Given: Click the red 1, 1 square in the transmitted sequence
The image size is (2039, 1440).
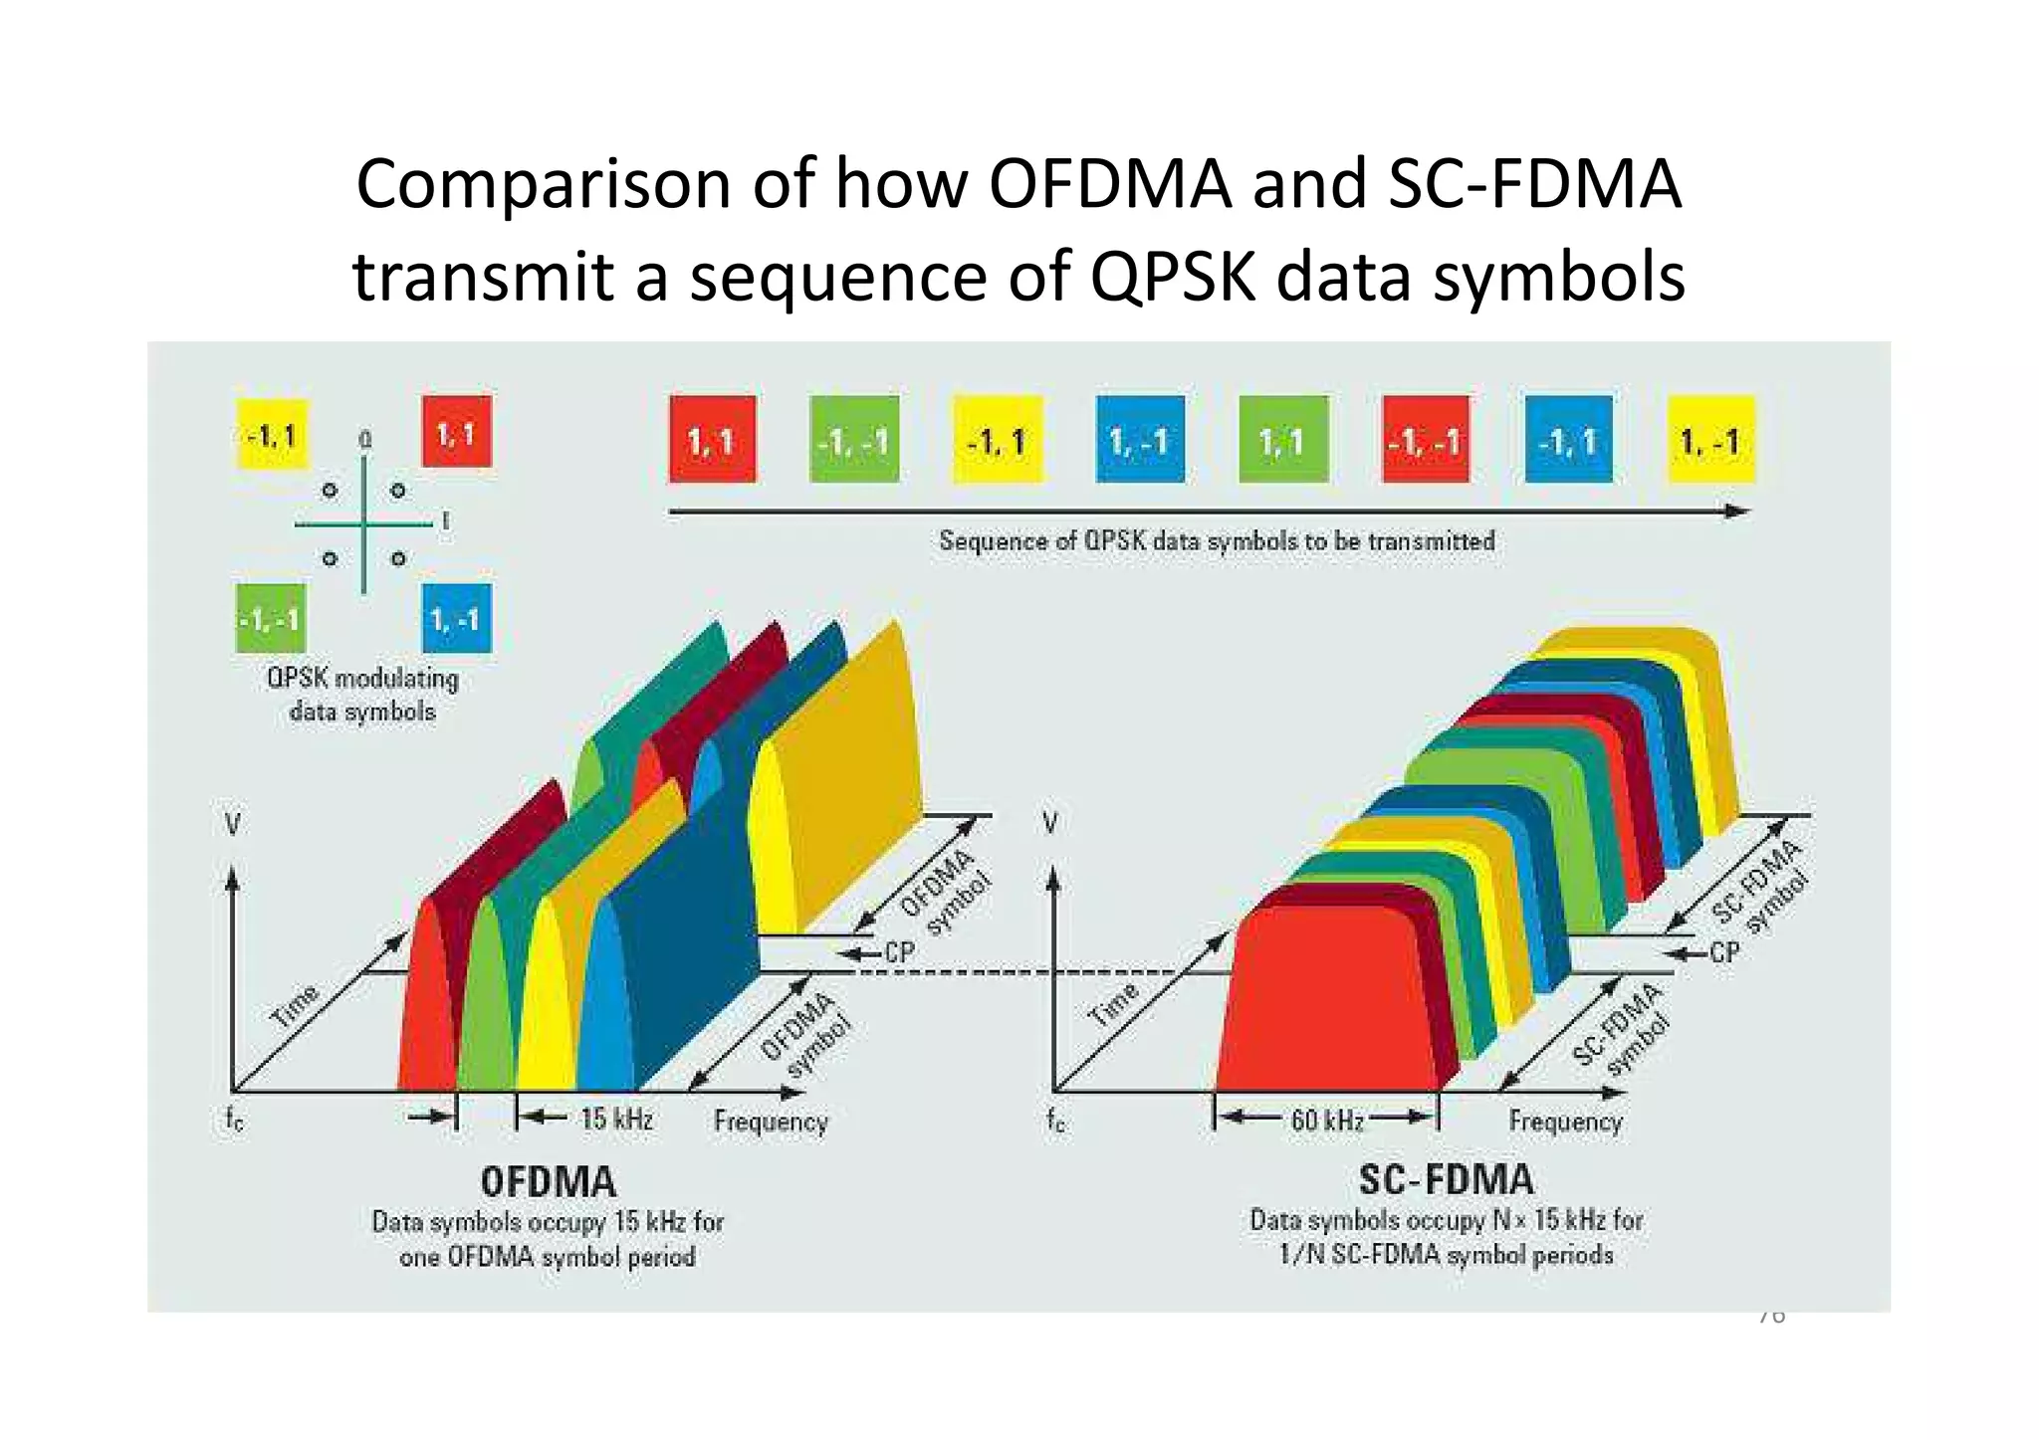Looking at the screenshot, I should pyautogui.click(x=712, y=439).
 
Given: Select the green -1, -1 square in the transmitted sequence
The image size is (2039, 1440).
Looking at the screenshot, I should pyautogui.click(x=854, y=439).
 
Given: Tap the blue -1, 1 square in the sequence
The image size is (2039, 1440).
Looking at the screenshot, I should pyautogui.click(x=1568, y=439).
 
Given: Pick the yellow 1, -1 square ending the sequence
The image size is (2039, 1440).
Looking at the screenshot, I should pyautogui.click(x=1710, y=439).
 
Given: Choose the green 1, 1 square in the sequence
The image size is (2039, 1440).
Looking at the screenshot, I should pyautogui.click(x=1283, y=439).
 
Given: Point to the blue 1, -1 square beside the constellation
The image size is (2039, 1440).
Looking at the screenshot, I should pyautogui.click(x=456, y=618).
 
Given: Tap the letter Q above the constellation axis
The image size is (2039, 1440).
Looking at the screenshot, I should pyautogui.click(x=365, y=439).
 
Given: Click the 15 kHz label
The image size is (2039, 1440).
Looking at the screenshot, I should pyautogui.click(x=617, y=1120).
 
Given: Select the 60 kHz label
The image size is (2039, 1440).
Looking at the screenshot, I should pyautogui.click(x=1327, y=1121).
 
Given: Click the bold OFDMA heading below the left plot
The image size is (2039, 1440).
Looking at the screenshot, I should pyautogui.click(x=549, y=1182).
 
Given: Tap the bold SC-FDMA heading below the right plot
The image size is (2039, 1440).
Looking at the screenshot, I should pyautogui.click(x=1447, y=1180).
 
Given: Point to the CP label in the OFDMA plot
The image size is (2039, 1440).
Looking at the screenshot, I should pyautogui.click(x=899, y=952).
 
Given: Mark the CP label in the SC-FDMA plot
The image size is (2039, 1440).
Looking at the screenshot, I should pyautogui.click(x=1724, y=952).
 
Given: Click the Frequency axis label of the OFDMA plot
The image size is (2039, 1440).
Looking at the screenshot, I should pyautogui.click(x=771, y=1122).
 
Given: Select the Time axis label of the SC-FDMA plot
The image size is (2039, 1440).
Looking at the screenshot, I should pyautogui.click(x=1113, y=1004).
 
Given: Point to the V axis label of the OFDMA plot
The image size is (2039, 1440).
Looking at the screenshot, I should pyautogui.click(x=232, y=824).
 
